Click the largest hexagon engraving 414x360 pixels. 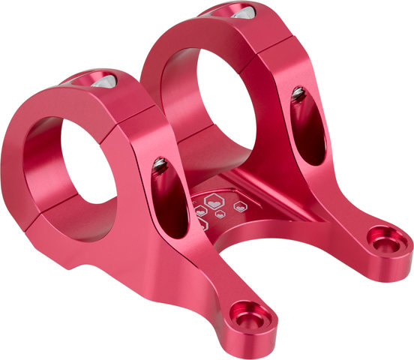214,202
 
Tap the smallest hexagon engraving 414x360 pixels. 220,215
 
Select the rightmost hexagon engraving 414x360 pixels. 240,206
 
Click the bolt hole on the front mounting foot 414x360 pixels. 248,316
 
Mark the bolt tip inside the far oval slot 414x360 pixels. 298,93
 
